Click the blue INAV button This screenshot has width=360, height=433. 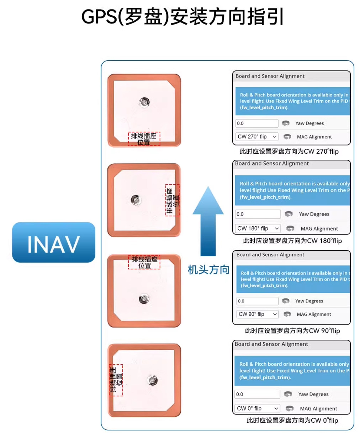click(x=54, y=242)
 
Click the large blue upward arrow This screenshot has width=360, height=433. click(x=208, y=221)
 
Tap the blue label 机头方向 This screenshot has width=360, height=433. click(x=208, y=270)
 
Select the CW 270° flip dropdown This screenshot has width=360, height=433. click(x=257, y=137)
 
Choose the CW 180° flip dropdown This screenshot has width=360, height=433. click(x=258, y=228)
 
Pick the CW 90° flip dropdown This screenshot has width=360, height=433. click(x=257, y=314)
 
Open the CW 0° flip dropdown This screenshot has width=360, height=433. click(x=257, y=408)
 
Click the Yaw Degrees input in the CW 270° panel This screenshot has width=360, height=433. click(x=257, y=123)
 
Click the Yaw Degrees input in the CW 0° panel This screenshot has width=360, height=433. click(x=257, y=394)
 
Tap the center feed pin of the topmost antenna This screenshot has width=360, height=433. click(x=144, y=102)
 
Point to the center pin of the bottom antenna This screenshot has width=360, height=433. click(x=152, y=380)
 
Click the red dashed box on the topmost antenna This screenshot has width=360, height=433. click(x=144, y=139)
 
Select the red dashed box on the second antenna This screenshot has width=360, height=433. click(x=172, y=200)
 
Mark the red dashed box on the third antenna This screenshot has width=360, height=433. click(x=144, y=262)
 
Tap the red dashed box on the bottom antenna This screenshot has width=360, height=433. click(x=116, y=380)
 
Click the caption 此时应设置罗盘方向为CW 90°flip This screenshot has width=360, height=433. click(x=292, y=331)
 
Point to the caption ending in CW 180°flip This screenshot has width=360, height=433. click(x=292, y=241)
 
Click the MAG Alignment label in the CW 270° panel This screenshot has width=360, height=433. click(x=314, y=137)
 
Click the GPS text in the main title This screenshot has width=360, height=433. click(x=100, y=17)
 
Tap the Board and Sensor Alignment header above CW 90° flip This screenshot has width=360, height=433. click(x=270, y=254)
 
